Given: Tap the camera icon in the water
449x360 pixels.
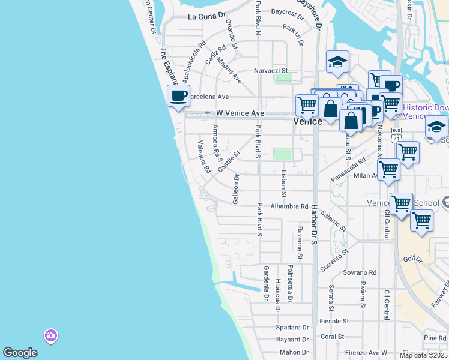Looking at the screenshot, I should [51, 335].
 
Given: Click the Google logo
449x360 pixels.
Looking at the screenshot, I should [20, 353].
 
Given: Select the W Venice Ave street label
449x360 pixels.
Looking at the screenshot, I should [240, 113].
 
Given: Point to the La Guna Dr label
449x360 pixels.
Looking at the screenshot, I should [206, 17].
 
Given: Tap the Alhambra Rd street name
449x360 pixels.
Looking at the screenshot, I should [289, 206].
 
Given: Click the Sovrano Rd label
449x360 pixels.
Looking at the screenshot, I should [360, 272].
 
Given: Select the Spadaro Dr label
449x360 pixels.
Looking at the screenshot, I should [292, 328].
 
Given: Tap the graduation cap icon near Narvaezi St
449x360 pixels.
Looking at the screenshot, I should [337, 61].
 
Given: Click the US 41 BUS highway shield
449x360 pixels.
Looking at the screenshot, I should [396, 135].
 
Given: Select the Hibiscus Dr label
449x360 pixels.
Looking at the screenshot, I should [277, 295].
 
